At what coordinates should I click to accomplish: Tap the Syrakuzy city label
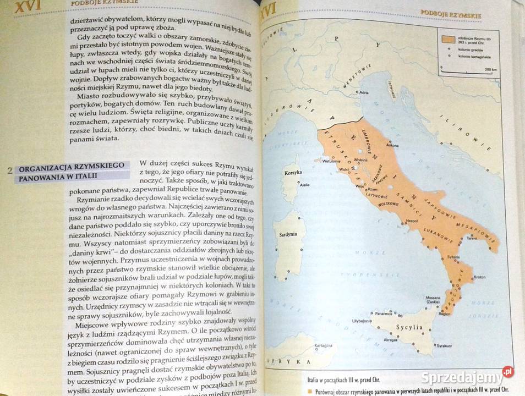tap(444, 345)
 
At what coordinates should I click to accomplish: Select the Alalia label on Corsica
tap(304, 185)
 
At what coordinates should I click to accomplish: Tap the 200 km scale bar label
tap(491, 69)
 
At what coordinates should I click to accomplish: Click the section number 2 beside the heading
tap(9, 170)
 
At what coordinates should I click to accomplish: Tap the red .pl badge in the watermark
tap(507, 372)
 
